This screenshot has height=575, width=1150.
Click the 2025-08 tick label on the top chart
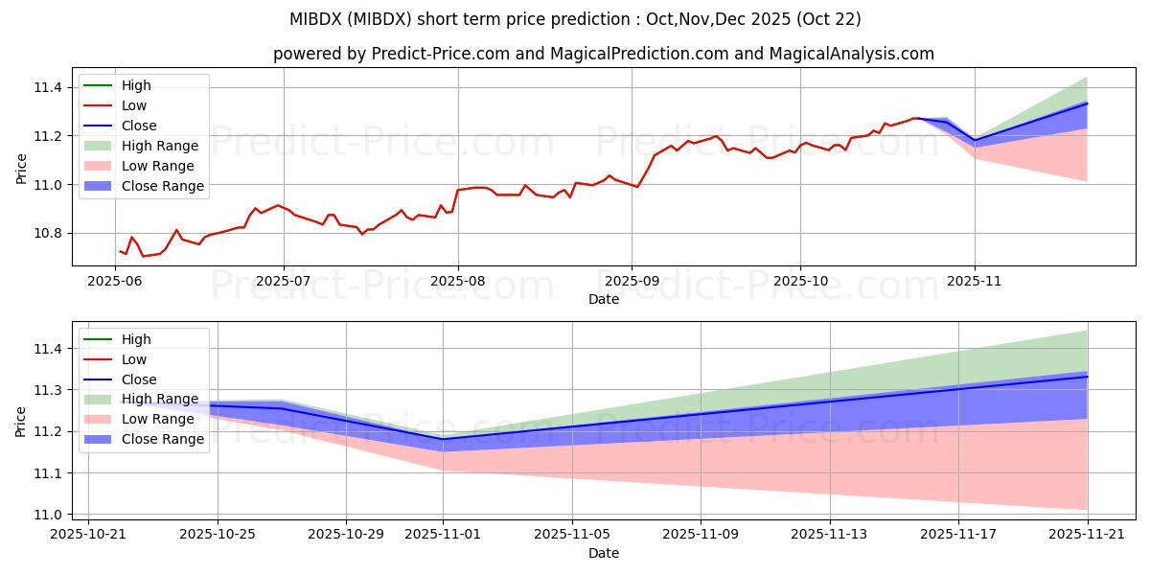tap(457, 280)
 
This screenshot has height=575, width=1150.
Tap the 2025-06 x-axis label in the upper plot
tap(114, 280)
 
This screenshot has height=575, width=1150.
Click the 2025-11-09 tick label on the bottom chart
tap(701, 534)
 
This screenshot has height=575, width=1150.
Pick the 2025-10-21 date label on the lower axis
tap(88, 534)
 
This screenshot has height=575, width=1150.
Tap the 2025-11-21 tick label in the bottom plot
tap(1088, 534)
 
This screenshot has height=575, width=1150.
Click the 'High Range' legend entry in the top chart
tap(160, 146)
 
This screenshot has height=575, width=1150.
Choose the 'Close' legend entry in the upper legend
tap(139, 126)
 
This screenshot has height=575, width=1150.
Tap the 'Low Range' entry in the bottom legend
tap(159, 419)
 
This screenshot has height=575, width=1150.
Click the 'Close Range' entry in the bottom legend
tap(163, 439)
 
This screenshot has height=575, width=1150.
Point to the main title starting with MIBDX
tap(575, 19)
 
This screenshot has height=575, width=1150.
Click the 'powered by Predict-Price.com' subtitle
tap(604, 54)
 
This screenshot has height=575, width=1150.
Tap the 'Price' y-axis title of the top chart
tap(21, 169)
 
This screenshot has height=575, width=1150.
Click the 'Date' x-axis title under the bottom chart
tap(604, 553)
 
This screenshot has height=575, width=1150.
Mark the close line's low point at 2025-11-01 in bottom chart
tap(443, 439)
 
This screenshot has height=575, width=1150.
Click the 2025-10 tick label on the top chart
tap(800, 280)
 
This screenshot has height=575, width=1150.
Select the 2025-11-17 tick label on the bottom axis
tap(958, 534)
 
